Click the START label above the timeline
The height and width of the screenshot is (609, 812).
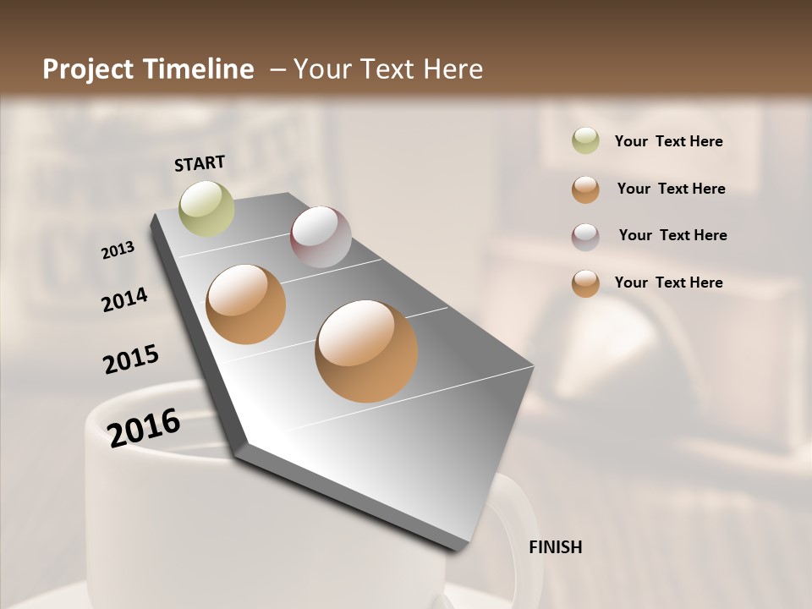point(200,163)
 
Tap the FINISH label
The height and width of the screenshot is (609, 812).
point(556,547)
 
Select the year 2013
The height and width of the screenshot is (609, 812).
point(118,250)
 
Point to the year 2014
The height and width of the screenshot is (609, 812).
point(125,299)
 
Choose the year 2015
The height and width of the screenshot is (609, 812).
point(131,359)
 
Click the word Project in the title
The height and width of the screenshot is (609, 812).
point(88,69)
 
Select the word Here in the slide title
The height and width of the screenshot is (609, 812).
point(453,69)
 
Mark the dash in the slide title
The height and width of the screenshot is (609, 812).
point(277,70)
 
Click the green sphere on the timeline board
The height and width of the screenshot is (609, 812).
point(206,208)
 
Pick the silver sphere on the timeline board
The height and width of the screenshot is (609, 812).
point(321,237)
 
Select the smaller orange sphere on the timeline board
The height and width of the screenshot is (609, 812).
point(246,304)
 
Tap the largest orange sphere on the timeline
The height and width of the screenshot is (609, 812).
point(366,351)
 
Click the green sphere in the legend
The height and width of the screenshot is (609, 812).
point(585,141)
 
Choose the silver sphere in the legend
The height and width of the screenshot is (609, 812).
point(585,237)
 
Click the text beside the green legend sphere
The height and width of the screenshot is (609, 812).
point(668,142)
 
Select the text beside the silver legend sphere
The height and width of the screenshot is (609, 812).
point(672,235)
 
